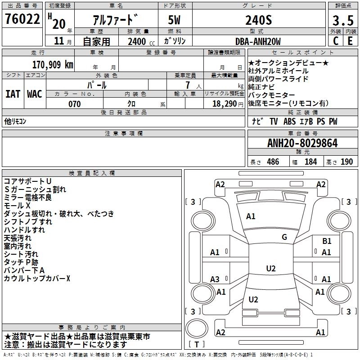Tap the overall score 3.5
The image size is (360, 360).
point(342,20)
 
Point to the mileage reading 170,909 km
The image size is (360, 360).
point(52,64)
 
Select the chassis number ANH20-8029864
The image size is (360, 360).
point(302,144)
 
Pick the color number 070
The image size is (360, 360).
point(75,104)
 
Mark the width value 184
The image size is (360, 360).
point(310,162)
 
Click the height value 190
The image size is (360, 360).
point(346,162)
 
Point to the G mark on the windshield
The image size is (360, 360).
point(284,237)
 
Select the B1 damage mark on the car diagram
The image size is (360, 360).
point(327,241)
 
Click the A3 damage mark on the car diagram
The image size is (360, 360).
point(215,279)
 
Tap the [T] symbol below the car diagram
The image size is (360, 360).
point(197,345)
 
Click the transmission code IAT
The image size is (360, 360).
point(13,94)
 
